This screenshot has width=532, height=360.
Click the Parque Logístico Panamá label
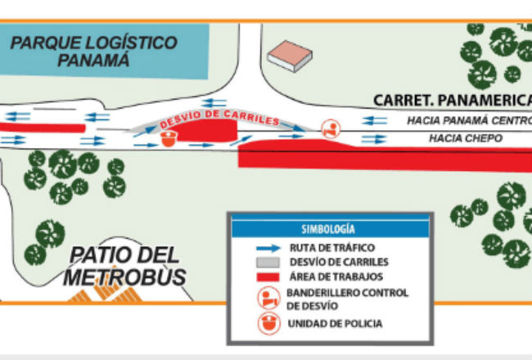tap(94, 52)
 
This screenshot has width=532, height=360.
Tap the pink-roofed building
tap(290, 56)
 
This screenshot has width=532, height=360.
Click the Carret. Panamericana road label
tap(453, 100)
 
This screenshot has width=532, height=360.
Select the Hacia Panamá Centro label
tap(469, 120)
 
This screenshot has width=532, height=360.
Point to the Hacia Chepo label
tap(466, 138)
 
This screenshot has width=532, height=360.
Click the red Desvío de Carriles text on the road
tap(219, 119)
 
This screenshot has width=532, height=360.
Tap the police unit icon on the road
tap(169, 139)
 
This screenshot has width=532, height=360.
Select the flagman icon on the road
tap(331, 129)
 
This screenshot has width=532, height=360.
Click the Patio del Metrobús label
tap(124, 266)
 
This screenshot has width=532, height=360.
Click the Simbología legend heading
tap(328, 229)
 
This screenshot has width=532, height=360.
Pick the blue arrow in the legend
tap(268, 248)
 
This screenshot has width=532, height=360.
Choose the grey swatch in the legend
tap(268, 263)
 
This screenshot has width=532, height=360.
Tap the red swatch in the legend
tap(268, 277)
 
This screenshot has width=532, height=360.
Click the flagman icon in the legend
tap(269, 298)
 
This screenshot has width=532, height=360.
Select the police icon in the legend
tap(269, 324)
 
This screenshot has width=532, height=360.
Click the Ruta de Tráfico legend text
tap(332, 248)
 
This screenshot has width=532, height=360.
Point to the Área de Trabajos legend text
tap(336, 277)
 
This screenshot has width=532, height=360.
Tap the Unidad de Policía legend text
tap(336, 324)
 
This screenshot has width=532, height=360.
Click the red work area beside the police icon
tap(207, 131)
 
